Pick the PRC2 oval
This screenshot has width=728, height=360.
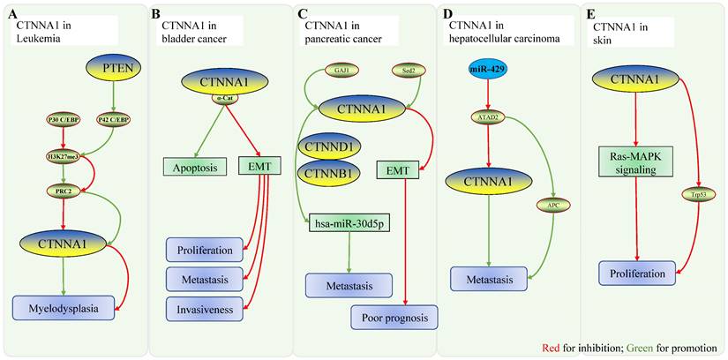[x=63, y=191]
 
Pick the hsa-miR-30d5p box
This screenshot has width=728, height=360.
[x=347, y=227]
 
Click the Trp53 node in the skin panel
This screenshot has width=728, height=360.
[x=694, y=196]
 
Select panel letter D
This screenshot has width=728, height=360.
[x=448, y=15]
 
